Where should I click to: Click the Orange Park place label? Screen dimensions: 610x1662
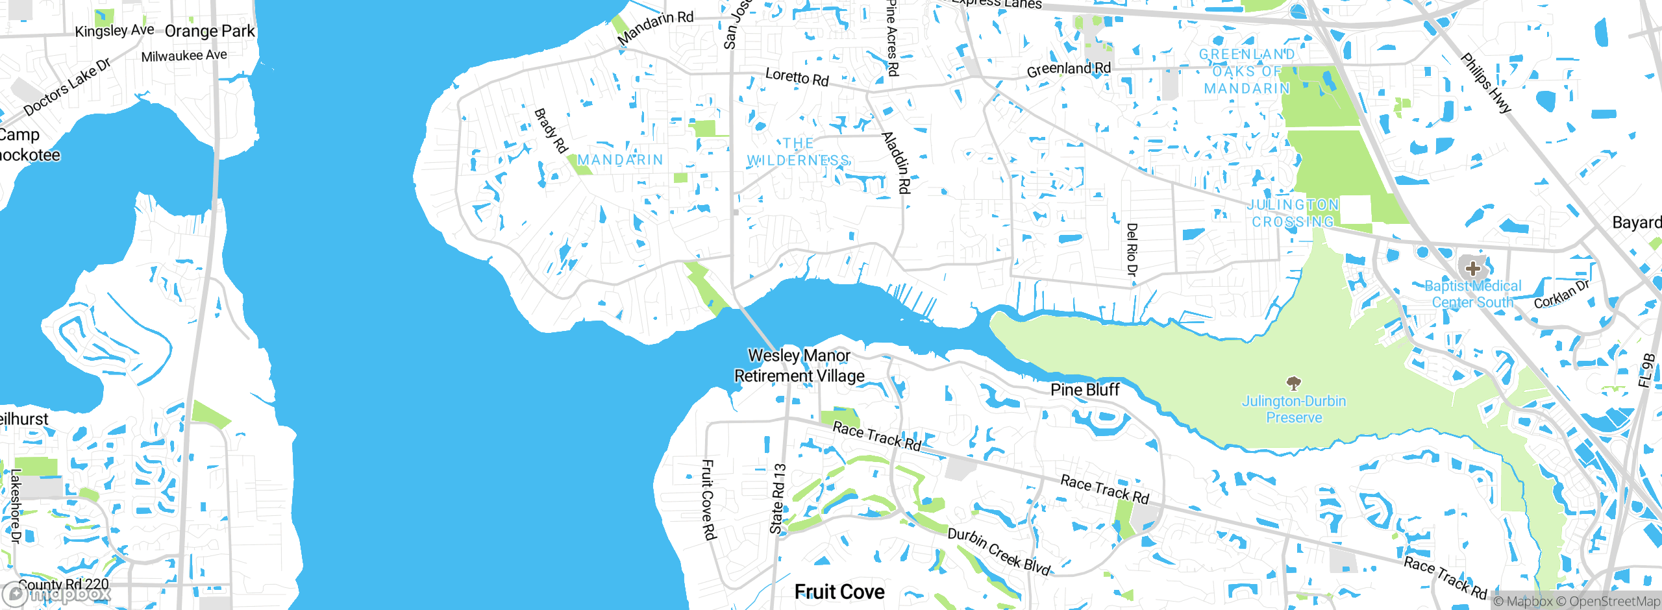point(210,31)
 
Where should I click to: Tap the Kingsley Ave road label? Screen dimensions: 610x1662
point(114,30)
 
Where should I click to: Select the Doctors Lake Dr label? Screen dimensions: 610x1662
point(68,87)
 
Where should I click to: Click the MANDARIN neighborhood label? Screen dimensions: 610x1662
point(620,160)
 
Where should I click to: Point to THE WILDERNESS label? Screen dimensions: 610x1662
point(798,152)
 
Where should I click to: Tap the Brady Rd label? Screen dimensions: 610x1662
point(551,130)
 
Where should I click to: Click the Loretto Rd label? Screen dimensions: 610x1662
point(797,77)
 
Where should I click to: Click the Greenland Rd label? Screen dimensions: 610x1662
point(1069,69)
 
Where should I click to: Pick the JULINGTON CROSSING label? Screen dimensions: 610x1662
point(1293,213)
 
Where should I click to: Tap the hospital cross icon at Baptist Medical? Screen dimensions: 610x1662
point(1472,268)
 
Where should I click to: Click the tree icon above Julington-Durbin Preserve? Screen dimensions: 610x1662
point(1293,383)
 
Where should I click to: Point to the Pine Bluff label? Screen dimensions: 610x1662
point(1085,389)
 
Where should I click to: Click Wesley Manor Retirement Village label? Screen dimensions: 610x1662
point(799,365)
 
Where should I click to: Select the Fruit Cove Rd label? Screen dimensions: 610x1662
point(708,499)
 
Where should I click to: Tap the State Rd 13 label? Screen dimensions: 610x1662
point(778,498)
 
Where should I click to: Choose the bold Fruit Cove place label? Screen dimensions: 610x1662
point(839,591)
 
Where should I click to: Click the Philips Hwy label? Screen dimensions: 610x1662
point(1486,83)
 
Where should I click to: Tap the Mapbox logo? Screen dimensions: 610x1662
point(56,594)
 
